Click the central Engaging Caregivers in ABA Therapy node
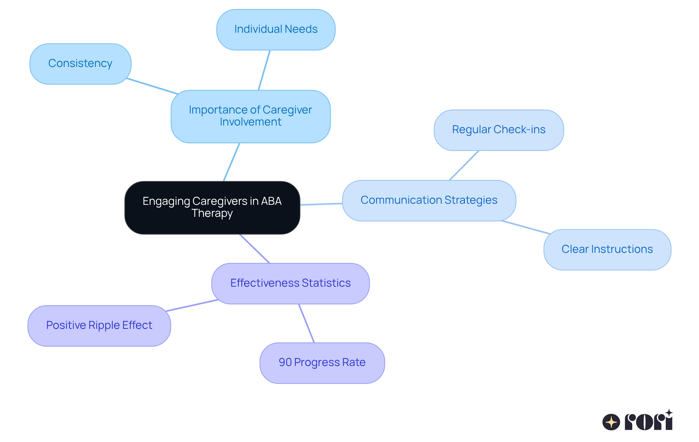(212, 207)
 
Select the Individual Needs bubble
(276, 29)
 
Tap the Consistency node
(80, 64)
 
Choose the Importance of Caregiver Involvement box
(250, 116)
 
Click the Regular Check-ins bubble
(498, 130)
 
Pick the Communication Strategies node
(429, 200)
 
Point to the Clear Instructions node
(607, 250)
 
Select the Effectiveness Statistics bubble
(290, 283)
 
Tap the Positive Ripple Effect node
(99, 326)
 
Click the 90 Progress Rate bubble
(322, 363)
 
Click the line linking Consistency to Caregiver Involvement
(152, 86)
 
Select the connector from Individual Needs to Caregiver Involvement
(264, 70)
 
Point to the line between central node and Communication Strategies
(321, 204)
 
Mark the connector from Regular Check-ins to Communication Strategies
(464, 166)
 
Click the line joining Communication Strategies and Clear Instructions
(525, 227)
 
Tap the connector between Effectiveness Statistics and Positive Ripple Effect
(192, 305)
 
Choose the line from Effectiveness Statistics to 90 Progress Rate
(306, 323)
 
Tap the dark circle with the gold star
(611, 422)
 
